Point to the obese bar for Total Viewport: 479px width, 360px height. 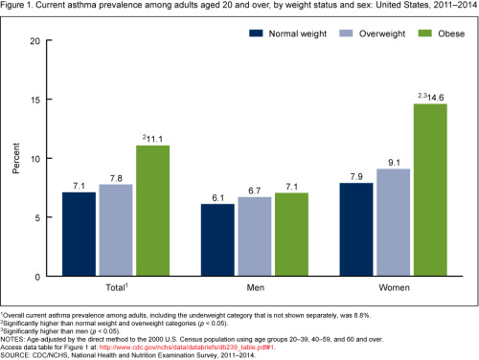tap(151, 211)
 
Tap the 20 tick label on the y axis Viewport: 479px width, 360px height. tap(37, 41)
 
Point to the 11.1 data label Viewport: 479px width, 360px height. tap(156, 137)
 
